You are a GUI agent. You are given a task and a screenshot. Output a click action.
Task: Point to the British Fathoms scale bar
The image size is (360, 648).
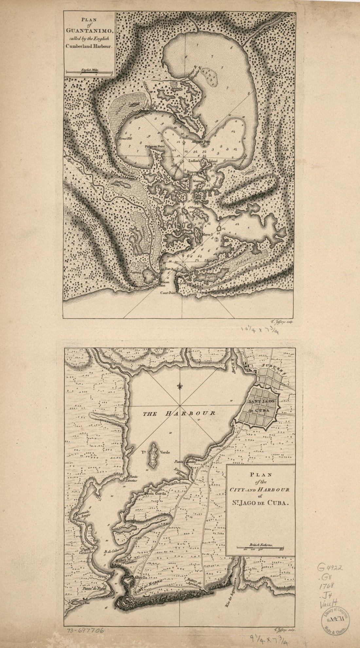click(258, 545)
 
